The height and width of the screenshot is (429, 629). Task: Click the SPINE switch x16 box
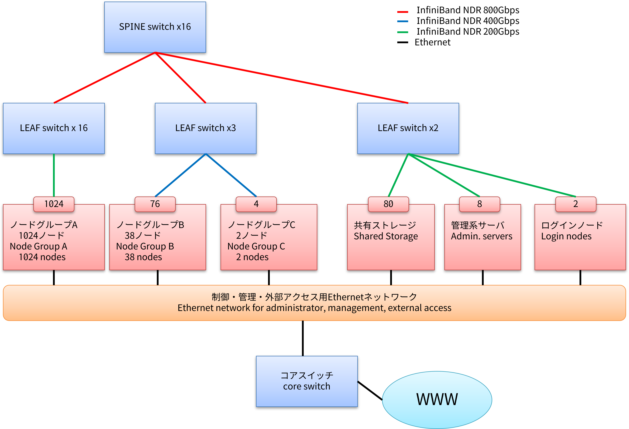[155, 27]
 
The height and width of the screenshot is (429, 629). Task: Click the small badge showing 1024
[54, 204]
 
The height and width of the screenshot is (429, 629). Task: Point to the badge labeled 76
[155, 204]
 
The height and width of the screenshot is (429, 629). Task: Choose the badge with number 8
[479, 204]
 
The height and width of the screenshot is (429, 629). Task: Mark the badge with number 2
[576, 204]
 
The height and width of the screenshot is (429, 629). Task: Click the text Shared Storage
[386, 236]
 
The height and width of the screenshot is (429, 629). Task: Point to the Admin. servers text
[482, 236]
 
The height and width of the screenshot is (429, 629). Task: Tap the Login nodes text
[566, 236]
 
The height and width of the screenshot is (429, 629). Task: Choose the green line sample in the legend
[402, 32]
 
